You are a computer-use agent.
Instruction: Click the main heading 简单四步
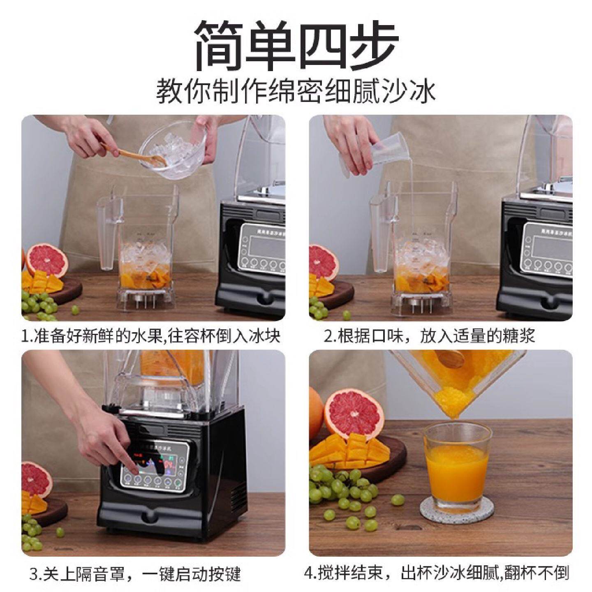(296, 45)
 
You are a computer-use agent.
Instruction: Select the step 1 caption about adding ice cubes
(151, 336)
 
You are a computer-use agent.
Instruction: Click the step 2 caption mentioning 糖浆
(429, 336)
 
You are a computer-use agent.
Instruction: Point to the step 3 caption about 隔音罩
(135, 574)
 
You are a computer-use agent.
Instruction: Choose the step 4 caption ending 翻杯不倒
(437, 572)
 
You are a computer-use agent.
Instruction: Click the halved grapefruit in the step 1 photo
(46, 260)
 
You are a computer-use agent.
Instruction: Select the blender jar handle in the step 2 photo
(380, 234)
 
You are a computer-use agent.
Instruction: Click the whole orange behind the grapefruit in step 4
(316, 411)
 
